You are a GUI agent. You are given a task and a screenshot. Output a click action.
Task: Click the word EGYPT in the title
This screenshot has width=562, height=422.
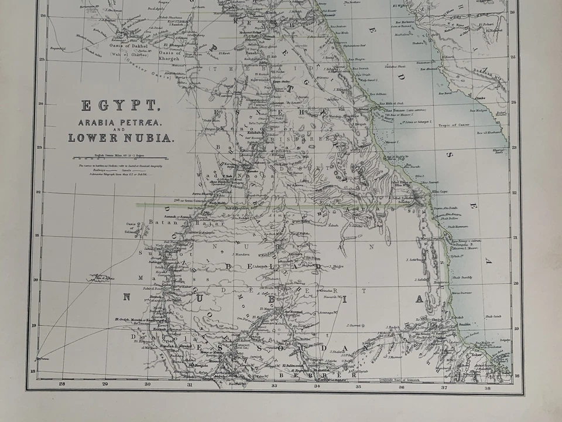[119, 106]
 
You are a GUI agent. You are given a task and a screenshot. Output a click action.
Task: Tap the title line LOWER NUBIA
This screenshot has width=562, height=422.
[121, 138]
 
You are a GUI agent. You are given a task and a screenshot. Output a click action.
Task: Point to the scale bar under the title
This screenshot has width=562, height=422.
[119, 158]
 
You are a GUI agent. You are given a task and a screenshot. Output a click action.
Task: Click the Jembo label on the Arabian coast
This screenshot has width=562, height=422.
[480, 97]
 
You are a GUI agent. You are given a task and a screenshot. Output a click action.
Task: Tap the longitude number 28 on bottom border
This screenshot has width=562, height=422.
[62, 384]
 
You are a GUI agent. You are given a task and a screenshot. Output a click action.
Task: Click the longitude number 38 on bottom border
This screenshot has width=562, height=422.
[487, 387]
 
